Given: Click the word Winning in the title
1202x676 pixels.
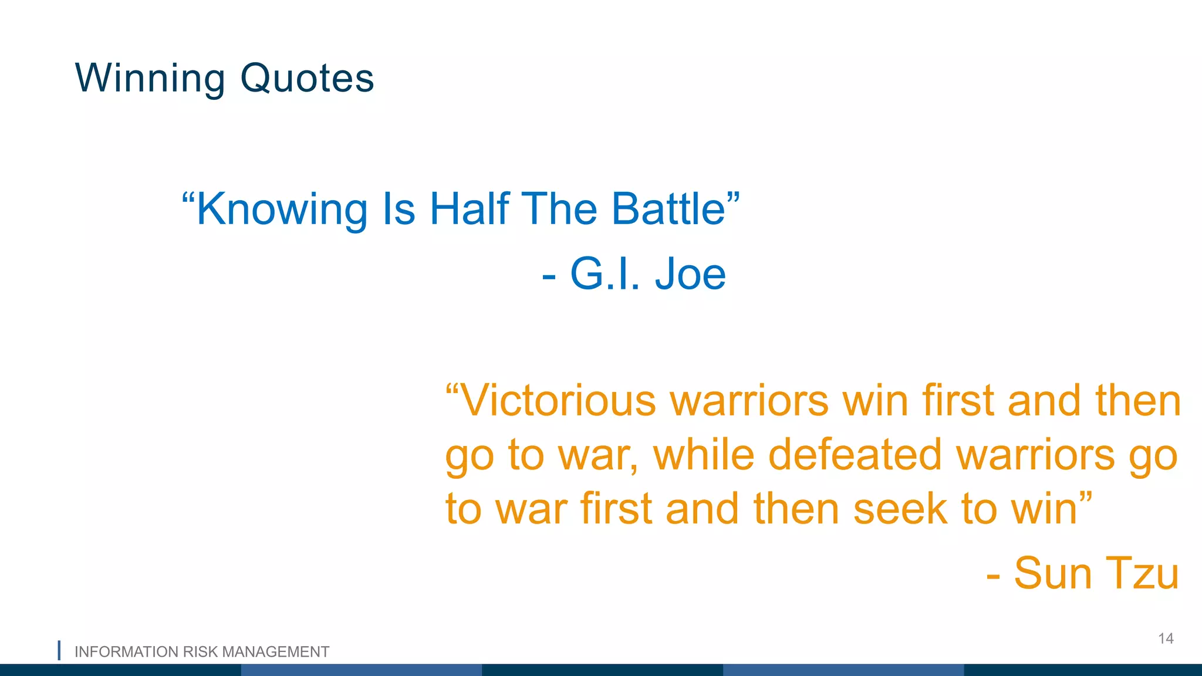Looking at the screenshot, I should click(x=150, y=78).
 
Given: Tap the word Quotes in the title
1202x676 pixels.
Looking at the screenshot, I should click(x=307, y=78).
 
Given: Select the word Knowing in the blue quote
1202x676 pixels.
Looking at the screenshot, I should click(x=282, y=209).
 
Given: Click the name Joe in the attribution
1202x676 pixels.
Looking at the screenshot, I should click(x=690, y=274).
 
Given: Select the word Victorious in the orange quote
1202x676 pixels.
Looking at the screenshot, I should click(x=558, y=401).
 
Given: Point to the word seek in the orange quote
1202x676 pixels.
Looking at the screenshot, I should click(x=900, y=509).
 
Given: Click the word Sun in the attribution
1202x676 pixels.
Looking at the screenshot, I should click(x=1053, y=573).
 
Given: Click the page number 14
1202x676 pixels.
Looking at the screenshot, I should click(x=1166, y=638).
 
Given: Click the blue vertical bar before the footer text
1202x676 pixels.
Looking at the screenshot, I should click(x=59, y=651).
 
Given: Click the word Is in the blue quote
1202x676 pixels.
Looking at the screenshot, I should click(x=399, y=209).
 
